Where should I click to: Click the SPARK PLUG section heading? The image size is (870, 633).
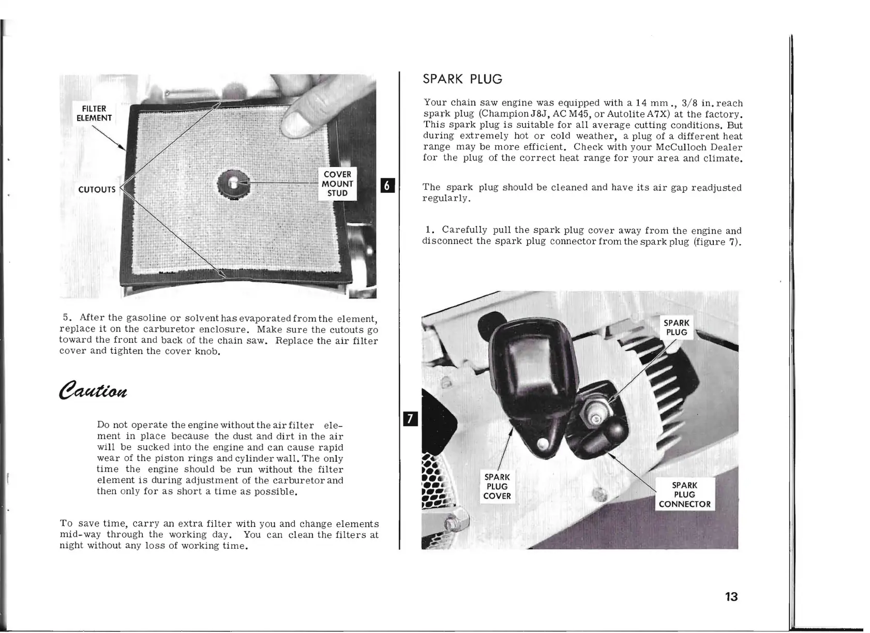462,79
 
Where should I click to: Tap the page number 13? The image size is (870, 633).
731,596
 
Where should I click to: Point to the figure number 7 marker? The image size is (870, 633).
410,418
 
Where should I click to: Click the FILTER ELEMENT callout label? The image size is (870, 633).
94,113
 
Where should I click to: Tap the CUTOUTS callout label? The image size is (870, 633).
97,189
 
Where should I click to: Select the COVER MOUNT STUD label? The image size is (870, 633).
337,184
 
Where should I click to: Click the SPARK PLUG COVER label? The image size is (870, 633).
497,486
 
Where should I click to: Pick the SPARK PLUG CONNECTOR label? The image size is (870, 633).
684,494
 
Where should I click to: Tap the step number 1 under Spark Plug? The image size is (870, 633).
428,230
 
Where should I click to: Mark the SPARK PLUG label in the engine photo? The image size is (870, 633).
677,327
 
